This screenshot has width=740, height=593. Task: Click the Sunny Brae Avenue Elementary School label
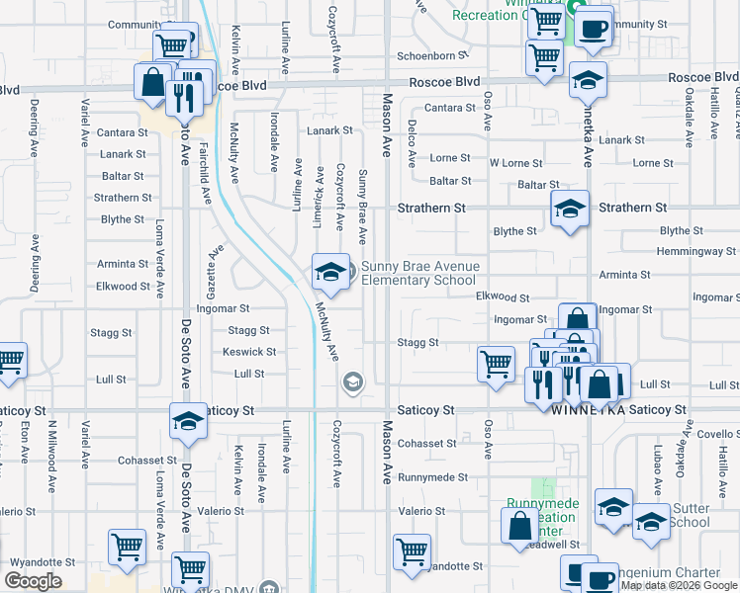click(419, 273)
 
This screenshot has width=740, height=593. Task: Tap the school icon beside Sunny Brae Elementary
click(329, 272)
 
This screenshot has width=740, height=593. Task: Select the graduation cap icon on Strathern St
click(570, 209)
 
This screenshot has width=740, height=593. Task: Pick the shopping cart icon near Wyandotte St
click(412, 551)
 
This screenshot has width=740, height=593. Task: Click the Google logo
click(33, 581)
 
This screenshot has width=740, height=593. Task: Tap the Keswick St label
click(249, 352)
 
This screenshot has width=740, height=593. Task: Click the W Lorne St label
click(515, 163)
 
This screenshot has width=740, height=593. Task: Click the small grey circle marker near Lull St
click(352, 381)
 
